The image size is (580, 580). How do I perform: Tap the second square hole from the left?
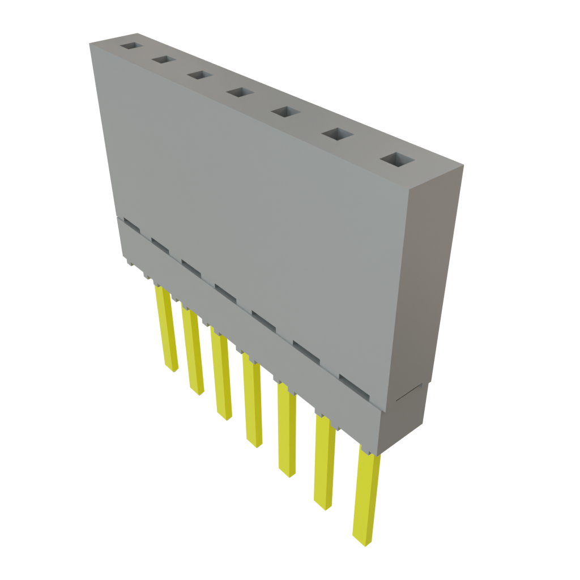[x=163, y=59]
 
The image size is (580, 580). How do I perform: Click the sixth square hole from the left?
[x=337, y=134]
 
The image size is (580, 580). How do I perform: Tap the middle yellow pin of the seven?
[x=252, y=399]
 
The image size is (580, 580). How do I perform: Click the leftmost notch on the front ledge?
[x=131, y=225]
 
